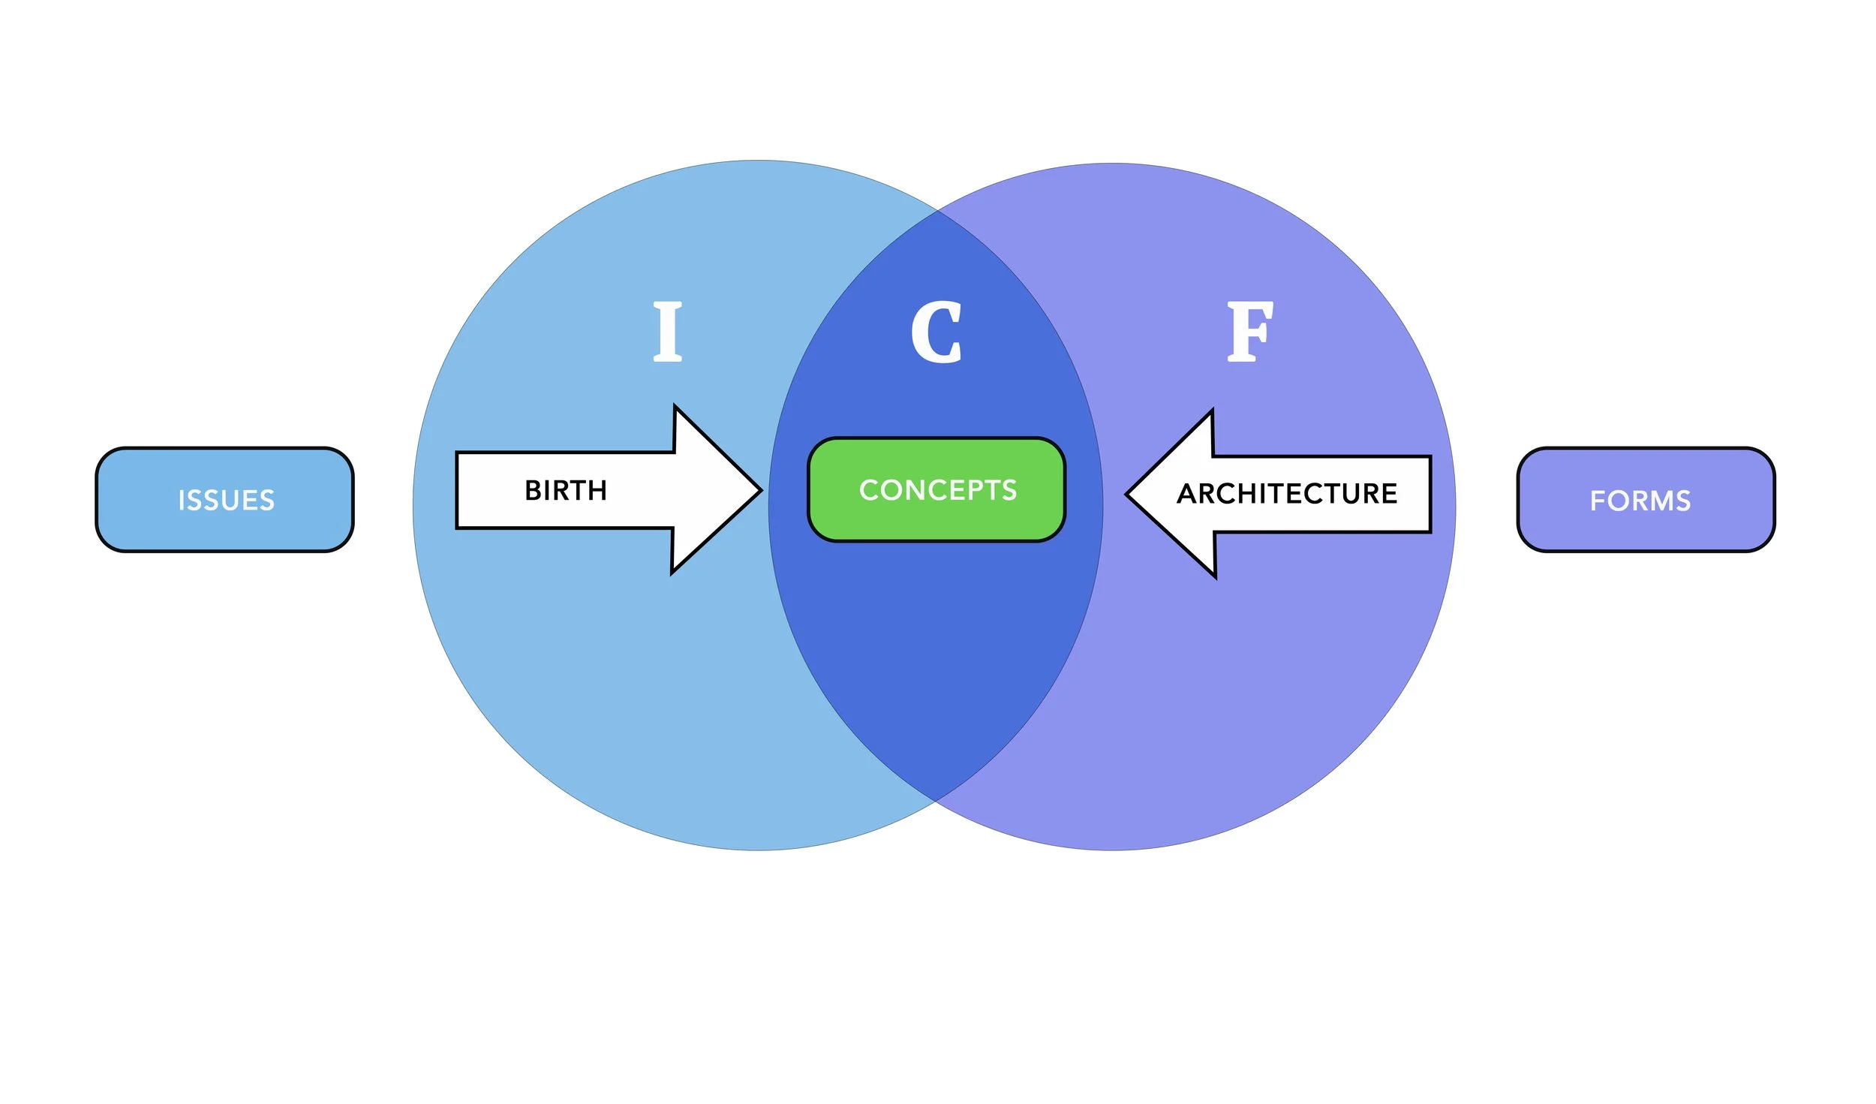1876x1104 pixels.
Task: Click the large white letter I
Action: (x=667, y=332)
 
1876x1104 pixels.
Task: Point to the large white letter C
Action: (x=936, y=332)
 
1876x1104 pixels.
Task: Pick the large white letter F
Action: (x=1249, y=332)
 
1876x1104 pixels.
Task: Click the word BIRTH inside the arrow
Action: (x=565, y=491)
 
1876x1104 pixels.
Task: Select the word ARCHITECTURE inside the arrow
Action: (x=1287, y=494)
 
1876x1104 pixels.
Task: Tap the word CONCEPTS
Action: (x=938, y=490)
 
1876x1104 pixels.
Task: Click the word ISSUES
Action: (x=227, y=501)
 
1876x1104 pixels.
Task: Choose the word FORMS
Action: (x=1640, y=501)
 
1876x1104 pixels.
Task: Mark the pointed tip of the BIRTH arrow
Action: (x=760, y=491)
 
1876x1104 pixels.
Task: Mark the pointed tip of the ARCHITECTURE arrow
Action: (x=1128, y=495)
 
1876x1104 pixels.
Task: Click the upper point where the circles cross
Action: (x=937, y=212)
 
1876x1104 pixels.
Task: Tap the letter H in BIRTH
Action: (x=597, y=491)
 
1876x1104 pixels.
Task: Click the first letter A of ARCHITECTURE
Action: (x=1187, y=494)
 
